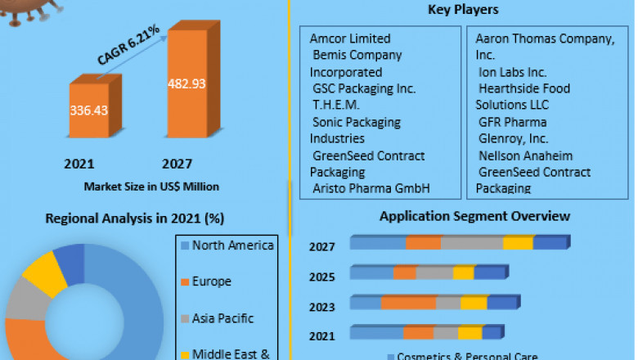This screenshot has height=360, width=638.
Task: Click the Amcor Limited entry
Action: (350, 38)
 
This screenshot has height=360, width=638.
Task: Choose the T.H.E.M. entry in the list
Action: (336, 105)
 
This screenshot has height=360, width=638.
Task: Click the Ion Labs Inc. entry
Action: (513, 72)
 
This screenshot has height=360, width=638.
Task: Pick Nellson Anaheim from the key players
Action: (525, 155)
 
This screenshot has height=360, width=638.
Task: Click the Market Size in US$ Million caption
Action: (151, 187)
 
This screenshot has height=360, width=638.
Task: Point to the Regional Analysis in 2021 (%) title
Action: (135, 218)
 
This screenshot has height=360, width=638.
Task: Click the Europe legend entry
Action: (212, 281)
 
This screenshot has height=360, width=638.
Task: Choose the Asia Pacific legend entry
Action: (222, 318)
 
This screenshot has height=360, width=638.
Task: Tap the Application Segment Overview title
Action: (474, 216)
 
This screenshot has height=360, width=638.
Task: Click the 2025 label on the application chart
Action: (321, 277)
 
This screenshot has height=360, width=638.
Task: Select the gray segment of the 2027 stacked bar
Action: (472, 243)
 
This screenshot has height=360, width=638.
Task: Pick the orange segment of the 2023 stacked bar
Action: (408, 303)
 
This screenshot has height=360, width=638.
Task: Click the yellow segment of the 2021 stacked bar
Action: (470, 332)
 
